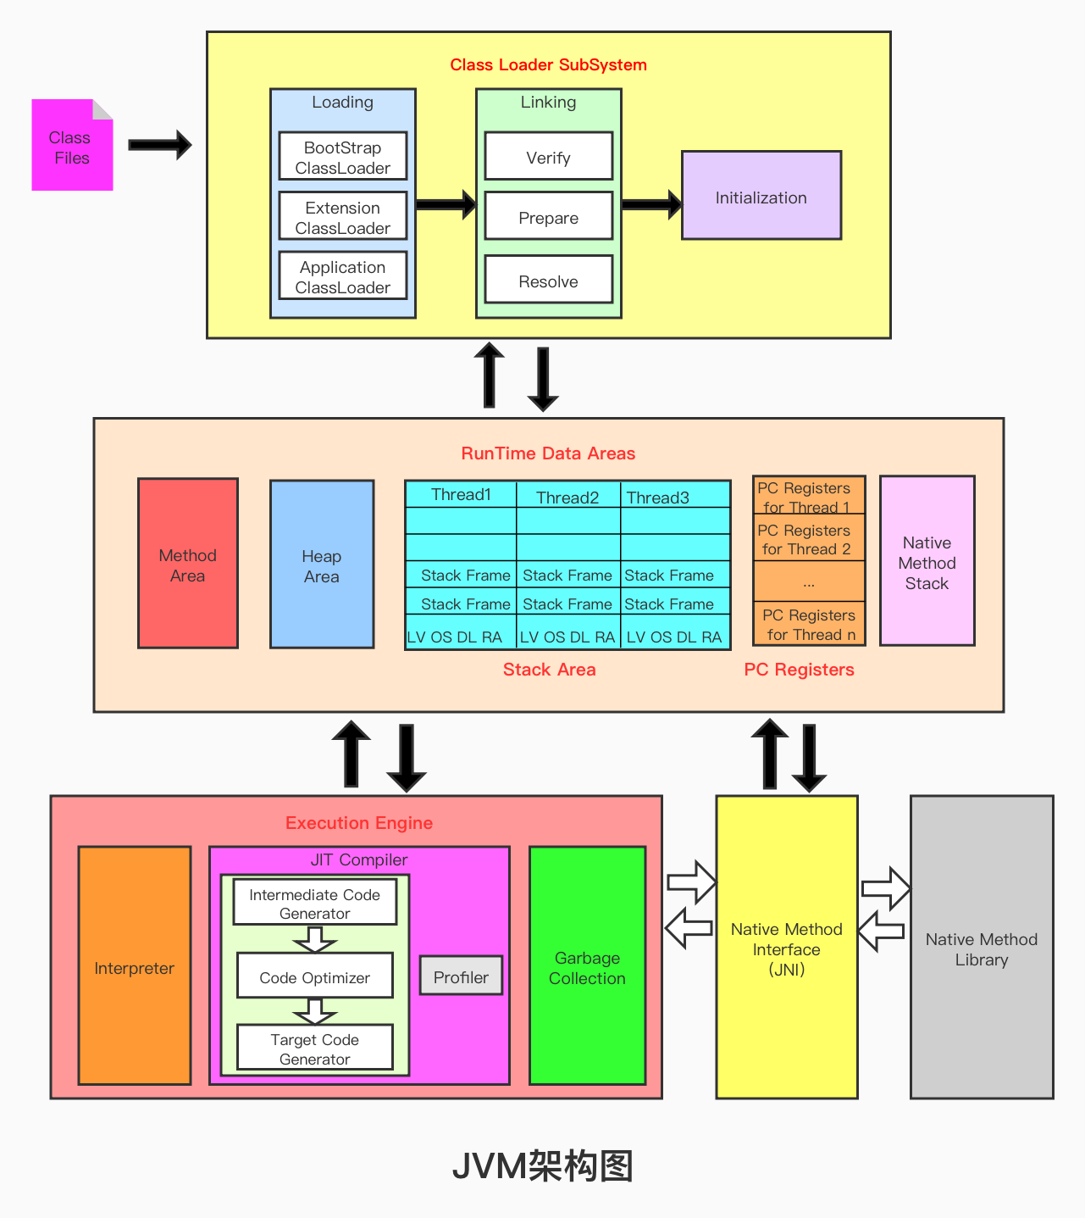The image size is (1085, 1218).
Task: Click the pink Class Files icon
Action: (72, 146)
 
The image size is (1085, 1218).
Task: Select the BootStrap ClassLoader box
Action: (342, 157)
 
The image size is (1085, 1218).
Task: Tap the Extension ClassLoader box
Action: (342, 217)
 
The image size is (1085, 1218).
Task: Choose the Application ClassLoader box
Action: (342, 276)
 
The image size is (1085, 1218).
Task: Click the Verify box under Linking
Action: (548, 157)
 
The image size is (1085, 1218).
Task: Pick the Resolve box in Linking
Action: (548, 281)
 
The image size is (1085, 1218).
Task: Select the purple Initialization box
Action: (761, 197)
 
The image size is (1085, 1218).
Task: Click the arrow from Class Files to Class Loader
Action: (159, 145)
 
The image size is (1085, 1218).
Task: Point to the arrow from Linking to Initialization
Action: (650, 204)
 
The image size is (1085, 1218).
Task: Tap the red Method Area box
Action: (188, 565)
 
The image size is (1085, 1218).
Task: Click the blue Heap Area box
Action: (322, 565)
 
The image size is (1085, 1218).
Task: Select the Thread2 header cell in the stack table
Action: (567, 497)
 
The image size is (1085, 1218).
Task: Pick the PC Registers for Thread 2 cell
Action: (808, 540)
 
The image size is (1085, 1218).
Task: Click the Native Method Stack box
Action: (927, 562)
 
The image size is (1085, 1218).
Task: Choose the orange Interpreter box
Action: (134, 967)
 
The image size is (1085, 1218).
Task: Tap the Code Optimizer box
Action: (314, 976)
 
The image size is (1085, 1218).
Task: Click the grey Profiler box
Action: (461, 976)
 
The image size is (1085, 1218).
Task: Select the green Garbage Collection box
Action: (587, 967)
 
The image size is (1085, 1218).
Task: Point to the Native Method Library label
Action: (981, 949)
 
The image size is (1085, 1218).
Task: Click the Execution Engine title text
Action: (358, 823)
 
